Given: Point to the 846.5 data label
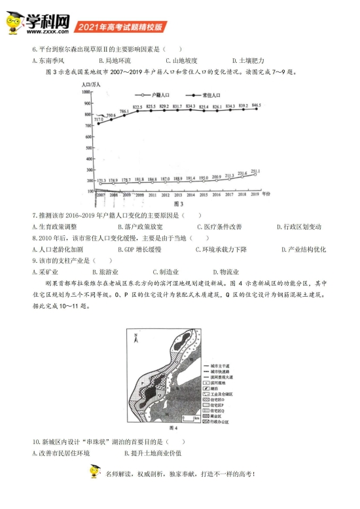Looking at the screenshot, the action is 256,105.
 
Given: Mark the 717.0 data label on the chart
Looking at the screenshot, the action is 99,120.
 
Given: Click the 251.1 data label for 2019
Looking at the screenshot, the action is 256,170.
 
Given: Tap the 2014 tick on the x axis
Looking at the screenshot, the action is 190,195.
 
